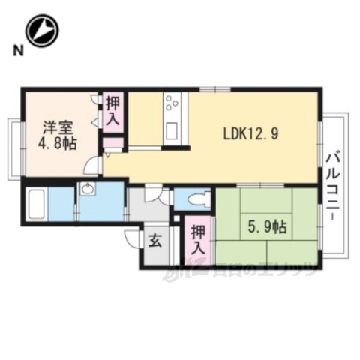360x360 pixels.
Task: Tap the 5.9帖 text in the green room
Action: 266,225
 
